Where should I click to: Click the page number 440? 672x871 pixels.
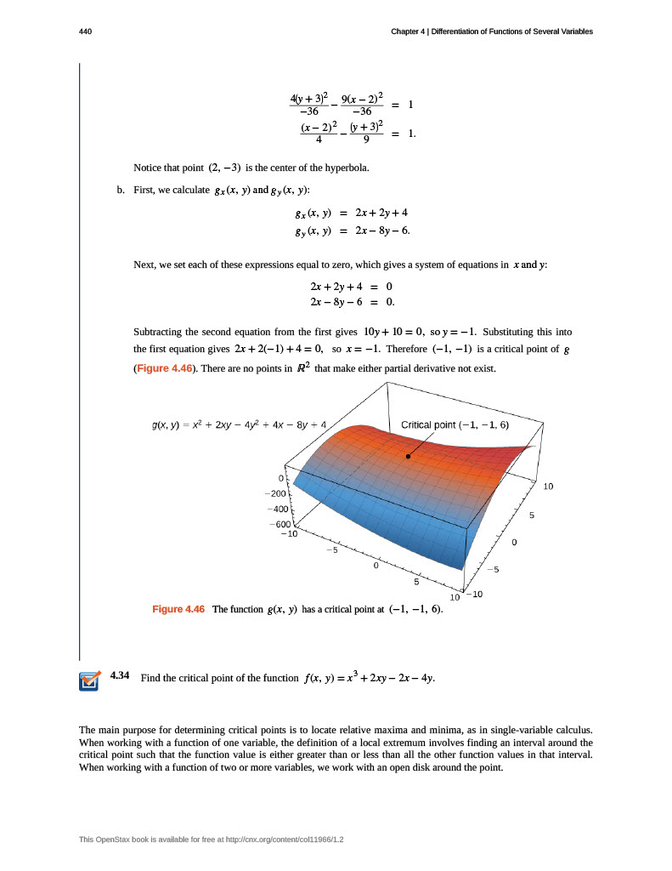click(85, 31)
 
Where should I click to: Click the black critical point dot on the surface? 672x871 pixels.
click(409, 457)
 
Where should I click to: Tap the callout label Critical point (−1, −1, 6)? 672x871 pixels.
click(455, 425)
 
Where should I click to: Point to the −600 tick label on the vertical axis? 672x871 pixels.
click(278, 524)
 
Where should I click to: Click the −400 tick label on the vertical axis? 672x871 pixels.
click(277, 509)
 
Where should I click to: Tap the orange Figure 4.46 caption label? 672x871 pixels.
click(178, 610)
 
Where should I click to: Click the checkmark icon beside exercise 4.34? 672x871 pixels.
click(88, 680)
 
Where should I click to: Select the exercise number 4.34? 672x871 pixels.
click(120, 676)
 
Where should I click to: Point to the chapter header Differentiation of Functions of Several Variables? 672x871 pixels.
click(511, 31)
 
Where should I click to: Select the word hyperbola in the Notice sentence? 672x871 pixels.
click(347, 168)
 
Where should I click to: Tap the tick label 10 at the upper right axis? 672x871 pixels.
click(548, 487)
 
